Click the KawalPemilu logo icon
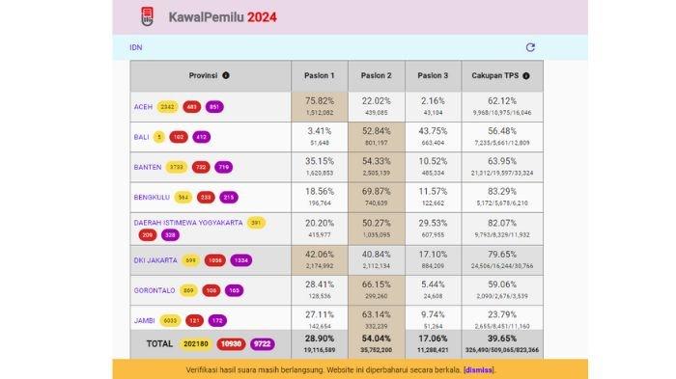pos(147,16)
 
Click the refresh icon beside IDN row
pos(530,47)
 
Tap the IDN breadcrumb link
pos(136,47)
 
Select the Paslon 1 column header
pos(320,75)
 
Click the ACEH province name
pos(143,106)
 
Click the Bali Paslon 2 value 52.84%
pos(376,131)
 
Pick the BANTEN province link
pos(148,167)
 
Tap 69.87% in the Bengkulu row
pos(376,193)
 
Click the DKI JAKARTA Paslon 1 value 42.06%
pos(320,254)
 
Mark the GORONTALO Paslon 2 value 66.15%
pos(376,284)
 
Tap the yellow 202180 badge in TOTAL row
pos(195,344)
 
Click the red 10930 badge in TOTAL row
pos(232,344)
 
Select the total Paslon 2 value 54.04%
pos(376,340)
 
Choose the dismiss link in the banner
pos(478,369)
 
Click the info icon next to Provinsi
pos(226,75)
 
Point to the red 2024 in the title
pos(264,16)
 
